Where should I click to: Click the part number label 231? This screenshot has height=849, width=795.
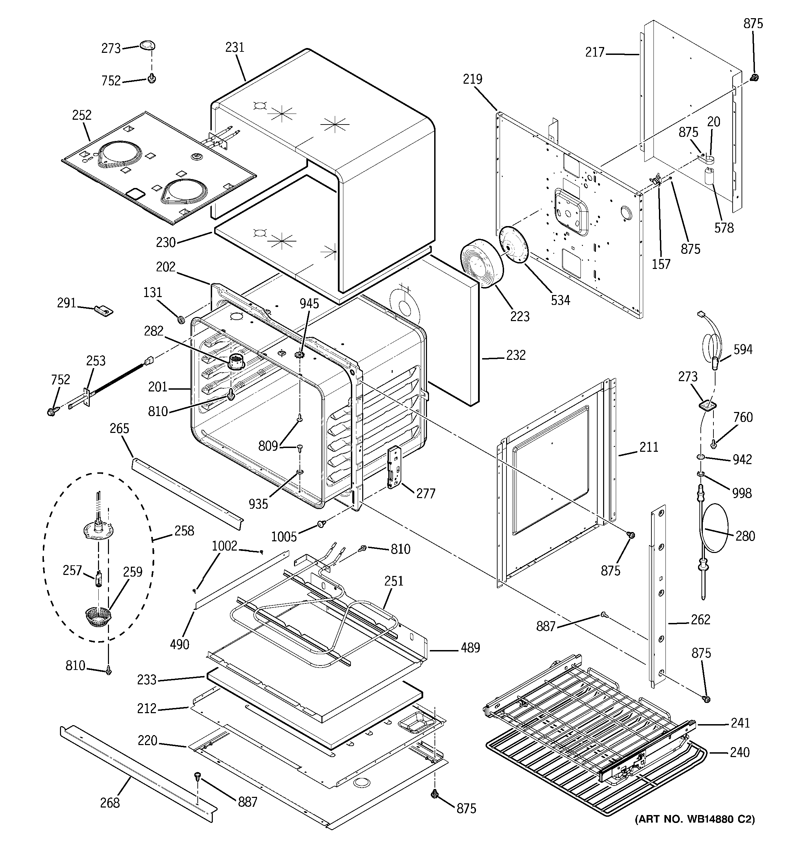point(235,47)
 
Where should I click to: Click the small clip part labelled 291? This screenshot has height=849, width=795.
point(104,310)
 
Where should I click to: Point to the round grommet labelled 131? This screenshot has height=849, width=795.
point(181,319)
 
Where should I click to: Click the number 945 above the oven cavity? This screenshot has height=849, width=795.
point(309,304)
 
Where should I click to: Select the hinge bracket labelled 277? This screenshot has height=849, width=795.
point(394,467)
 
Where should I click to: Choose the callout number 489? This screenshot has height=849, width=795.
point(470,648)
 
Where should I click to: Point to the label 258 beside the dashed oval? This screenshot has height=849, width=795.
point(184,531)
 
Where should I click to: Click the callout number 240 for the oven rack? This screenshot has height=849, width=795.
point(739,752)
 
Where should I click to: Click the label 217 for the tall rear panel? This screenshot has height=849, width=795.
point(595,52)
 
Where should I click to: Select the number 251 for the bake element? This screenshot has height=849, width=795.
point(393,581)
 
